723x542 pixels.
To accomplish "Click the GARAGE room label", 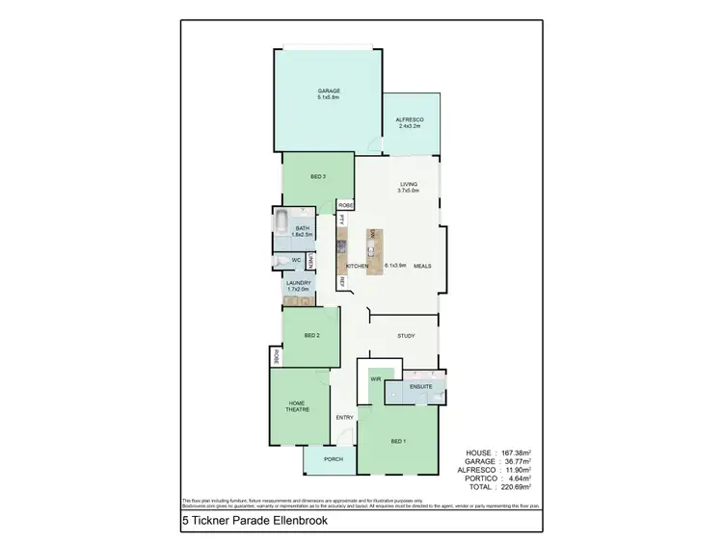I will [x=329, y=90].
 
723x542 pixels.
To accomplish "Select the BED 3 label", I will [x=317, y=177].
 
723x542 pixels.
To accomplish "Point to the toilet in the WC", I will [x=278, y=261].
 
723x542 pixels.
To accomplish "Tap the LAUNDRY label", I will [x=298, y=283].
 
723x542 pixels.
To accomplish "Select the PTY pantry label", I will [x=340, y=219].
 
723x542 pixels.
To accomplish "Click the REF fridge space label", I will [x=340, y=281].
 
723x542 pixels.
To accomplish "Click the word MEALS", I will [x=422, y=265].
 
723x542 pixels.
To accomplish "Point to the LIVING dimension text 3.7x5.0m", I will [x=411, y=191].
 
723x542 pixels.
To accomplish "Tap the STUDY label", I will [x=406, y=336].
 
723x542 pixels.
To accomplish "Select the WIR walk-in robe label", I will [x=376, y=379].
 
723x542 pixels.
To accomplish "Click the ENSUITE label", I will [x=420, y=386].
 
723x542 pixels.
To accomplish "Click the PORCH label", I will [x=334, y=458].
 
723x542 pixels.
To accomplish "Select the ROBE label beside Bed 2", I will [x=275, y=355].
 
